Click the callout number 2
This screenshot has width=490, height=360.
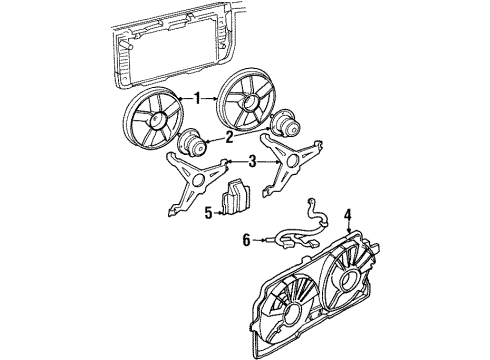229,138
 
